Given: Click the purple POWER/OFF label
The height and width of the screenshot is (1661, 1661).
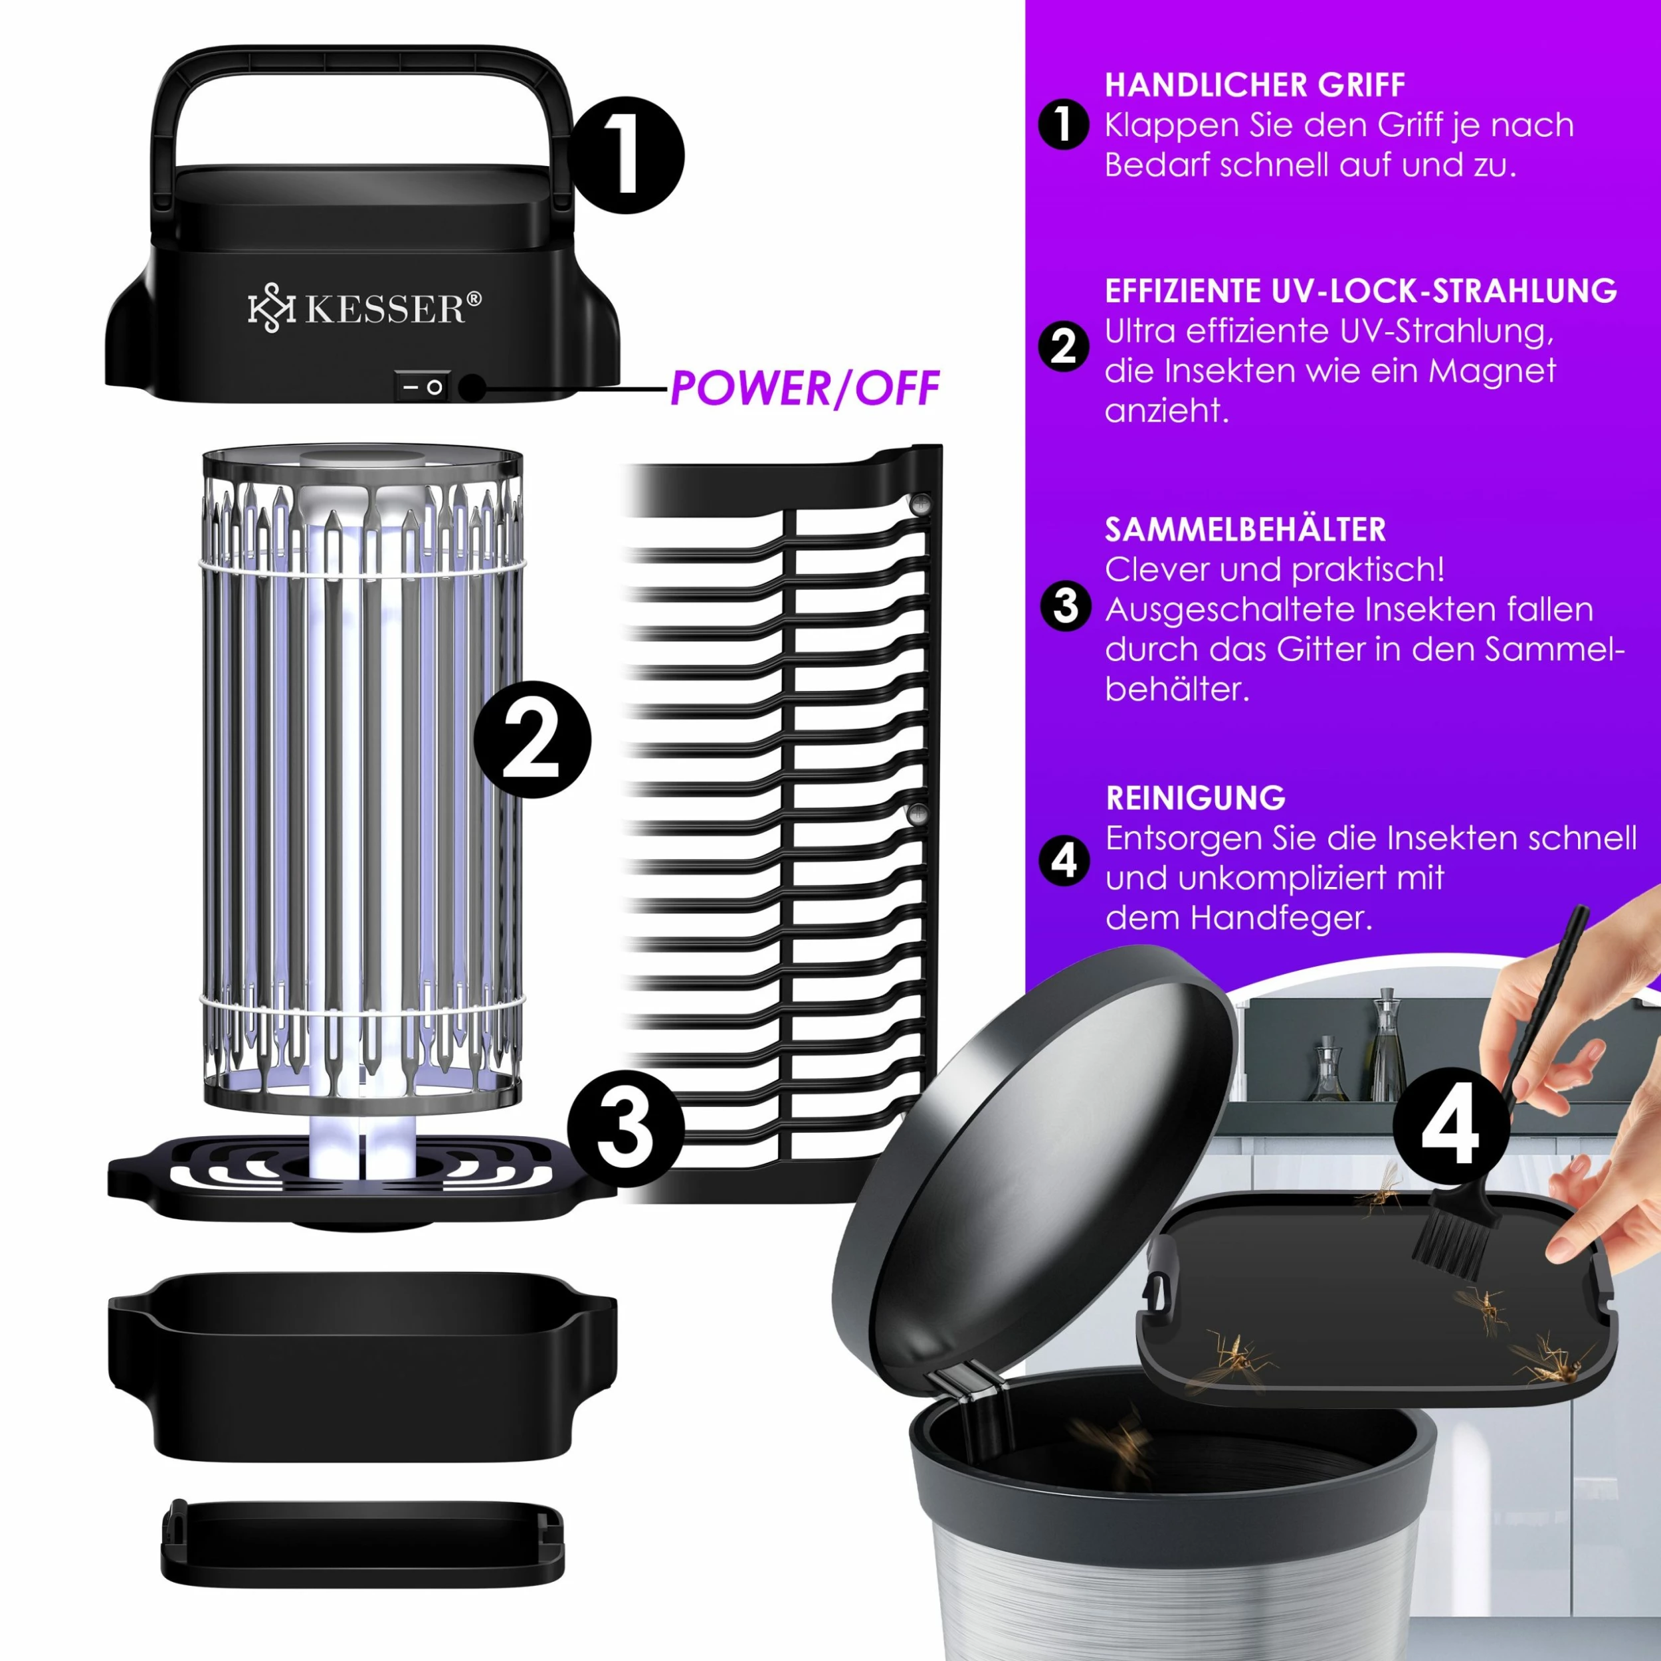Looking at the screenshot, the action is [x=805, y=389].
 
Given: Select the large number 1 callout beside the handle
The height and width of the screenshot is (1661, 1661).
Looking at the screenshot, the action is [x=626, y=155].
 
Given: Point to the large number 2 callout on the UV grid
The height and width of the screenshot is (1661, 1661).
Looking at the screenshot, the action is [x=532, y=739].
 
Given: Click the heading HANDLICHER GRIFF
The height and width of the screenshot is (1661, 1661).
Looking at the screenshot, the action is [x=1255, y=85].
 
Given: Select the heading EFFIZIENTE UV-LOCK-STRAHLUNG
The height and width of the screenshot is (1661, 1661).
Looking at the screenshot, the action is [x=1361, y=290].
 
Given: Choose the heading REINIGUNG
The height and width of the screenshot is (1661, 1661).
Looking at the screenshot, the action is [x=1196, y=798].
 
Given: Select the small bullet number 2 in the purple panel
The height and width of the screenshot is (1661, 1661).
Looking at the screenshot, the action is [x=1064, y=346].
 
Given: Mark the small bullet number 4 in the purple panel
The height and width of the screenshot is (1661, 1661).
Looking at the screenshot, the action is [x=1064, y=860].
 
